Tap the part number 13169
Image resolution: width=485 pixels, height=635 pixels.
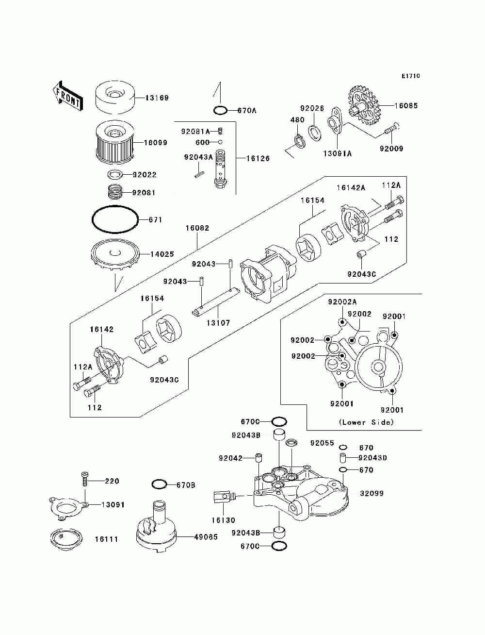(157, 98)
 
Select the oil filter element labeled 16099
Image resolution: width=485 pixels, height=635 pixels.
(115, 143)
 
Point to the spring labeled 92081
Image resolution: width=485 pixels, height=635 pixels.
(115, 192)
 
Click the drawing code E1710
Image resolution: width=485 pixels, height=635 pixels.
(410, 76)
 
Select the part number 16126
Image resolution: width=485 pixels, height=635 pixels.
(258, 158)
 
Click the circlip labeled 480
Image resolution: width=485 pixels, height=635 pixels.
(299, 141)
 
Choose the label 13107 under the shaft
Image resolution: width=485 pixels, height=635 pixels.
(218, 322)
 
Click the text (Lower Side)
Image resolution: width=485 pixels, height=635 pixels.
(366, 422)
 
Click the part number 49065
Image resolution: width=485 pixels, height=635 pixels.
(206, 536)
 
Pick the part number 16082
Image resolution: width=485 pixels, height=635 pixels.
(197, 228)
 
